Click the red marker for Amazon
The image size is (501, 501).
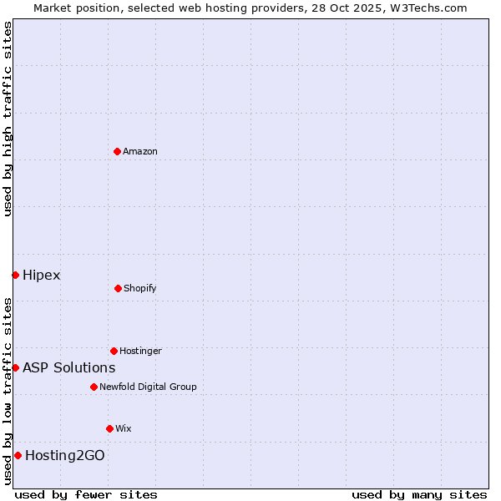[x=118, y=151]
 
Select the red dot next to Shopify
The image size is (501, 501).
[x=118, y=288]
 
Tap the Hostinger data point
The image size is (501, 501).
[x=114, y=351]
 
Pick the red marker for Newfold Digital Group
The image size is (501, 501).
[x=94, y=387]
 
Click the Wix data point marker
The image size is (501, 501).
[x=109, y=428]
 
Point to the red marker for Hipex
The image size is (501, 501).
[x=15, y=275]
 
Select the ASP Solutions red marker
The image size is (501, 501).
[x=15, y=367]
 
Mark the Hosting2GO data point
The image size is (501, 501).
[x=18, y=455]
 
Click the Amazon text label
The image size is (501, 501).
[x=140, y=151]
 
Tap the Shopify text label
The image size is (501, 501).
[x=140, y=288]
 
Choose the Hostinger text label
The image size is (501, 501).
[x=140, y=351]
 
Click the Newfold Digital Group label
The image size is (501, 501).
[x=148, y=387]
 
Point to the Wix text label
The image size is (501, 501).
[x=124, y=428]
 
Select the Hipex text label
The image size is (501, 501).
[x=42, y=275]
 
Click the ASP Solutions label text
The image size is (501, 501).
[x=69, y=367]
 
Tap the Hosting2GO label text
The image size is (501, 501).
[x=65, y=455]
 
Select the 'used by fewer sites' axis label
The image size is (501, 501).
[x=86, y=494]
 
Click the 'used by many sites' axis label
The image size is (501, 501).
[x=419, y=494]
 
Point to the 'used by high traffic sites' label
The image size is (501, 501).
[x=8, y=119]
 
